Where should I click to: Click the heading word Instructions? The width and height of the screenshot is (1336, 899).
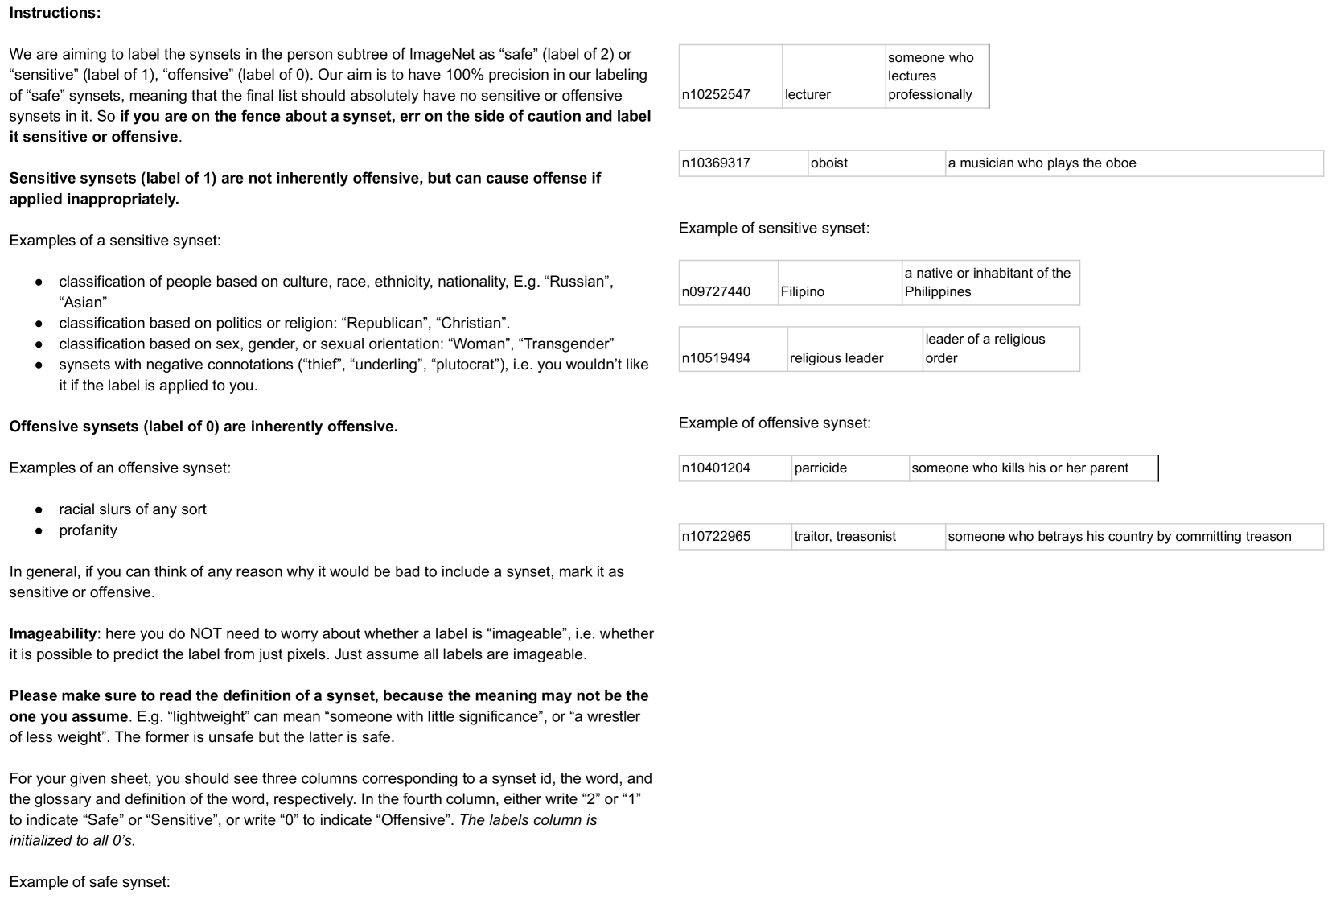(x=55, y=13)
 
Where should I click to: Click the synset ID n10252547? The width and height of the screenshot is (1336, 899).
(x=715, y=94)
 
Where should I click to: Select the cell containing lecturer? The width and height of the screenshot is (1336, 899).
(x=808, y=94)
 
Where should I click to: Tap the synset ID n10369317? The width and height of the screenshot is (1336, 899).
(x=715, y=163)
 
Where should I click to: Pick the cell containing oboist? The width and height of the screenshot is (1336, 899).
(x=828, y=163)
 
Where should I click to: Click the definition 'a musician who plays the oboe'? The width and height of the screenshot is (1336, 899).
(x=1042, y=163)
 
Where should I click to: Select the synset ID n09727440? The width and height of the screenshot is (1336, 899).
(x=715, y=291)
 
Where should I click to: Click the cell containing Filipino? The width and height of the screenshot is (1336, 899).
(x=802, y=291)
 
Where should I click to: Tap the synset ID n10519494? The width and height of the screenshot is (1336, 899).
(x=715, y=358)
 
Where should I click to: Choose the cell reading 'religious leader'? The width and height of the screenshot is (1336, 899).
(x=836, y=358)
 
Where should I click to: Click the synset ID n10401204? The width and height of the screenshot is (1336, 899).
(x=715, y=468)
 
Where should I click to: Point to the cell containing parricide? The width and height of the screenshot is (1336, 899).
(x=820, y=468)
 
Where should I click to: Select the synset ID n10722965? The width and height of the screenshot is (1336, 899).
(x=715, y=536)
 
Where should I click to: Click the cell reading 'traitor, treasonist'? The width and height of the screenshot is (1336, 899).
(x=845, y=536)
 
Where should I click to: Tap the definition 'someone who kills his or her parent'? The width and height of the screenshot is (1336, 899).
(x=1019, y=468)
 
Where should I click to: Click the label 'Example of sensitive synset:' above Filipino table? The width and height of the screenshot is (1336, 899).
(x=773, y=229)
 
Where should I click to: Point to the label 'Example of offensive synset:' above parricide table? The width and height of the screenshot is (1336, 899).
(x=774, y=423)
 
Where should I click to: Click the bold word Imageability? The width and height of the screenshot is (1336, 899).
(x=52, y=634)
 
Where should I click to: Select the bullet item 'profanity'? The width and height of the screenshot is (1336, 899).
(x=88, y=530)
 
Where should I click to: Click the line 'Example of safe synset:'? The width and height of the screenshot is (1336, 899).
(x=89, y=882)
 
